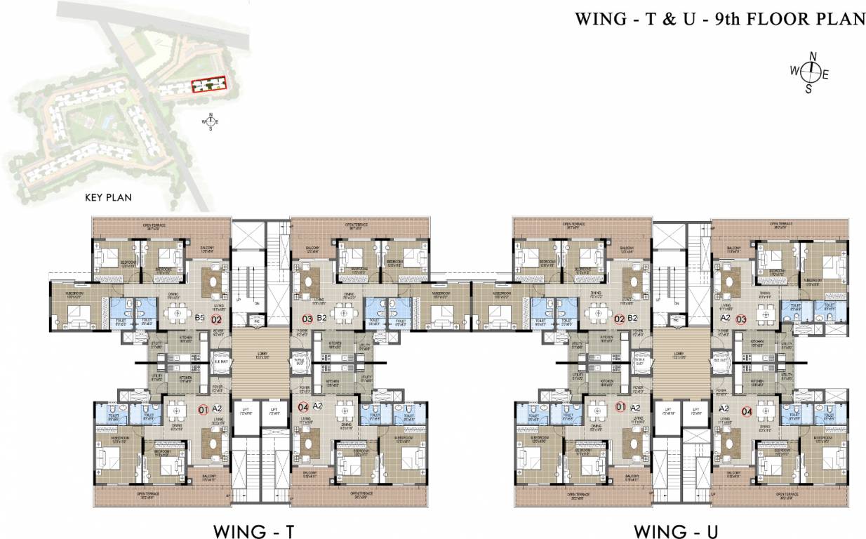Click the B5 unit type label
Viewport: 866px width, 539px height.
click(199, 318)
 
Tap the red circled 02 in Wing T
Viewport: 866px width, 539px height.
click(216, 318)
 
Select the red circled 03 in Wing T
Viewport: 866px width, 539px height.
click(307, 318)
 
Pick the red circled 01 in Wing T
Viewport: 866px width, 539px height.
click(203, 408)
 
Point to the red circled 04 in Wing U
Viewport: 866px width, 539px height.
click(746, 411)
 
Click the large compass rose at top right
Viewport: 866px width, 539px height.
click(811, 70)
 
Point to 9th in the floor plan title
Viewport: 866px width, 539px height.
click(730, 19)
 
